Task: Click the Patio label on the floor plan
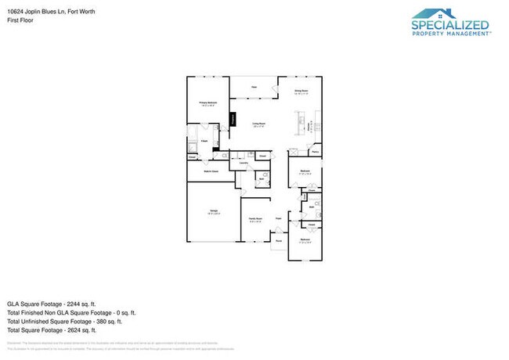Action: tap(254, 86)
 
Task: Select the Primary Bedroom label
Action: tap(207, 103)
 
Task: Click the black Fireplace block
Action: tap(233, 119)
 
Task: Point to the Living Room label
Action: tap(258, 124)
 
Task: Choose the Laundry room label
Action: tap(233, 163)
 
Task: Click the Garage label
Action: tap(213, 211)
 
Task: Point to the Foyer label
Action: tap(278, 218)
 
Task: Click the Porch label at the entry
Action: tap(278, 242)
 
